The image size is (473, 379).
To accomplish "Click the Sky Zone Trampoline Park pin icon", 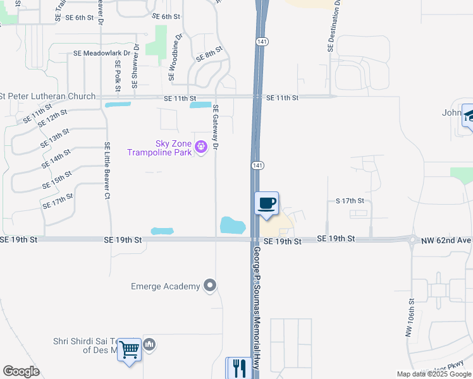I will click(x=201, y=147).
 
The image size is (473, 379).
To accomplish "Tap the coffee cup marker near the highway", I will click(x=266, y=203).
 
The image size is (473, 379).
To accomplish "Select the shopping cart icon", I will click(x=129, y=349).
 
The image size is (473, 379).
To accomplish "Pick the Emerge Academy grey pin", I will click(x=210, y=286).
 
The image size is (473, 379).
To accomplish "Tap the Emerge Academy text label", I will click(x=165, y=286).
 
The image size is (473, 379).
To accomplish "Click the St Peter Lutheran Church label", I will click(x=48, y=97).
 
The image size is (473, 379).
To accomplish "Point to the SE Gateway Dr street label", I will click(x=216, y=127).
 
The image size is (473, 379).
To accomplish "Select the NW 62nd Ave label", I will click(x=448, y=240).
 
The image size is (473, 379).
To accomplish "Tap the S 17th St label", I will click(x=350, y=201).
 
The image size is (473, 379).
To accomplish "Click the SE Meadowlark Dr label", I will click(x=106, y=54).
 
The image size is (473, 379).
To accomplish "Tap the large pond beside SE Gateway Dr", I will click(x=233, y=225).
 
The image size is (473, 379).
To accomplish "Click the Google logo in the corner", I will click(x=21, y=371).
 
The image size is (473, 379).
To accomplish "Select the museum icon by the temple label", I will click(x=150, y=344).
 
